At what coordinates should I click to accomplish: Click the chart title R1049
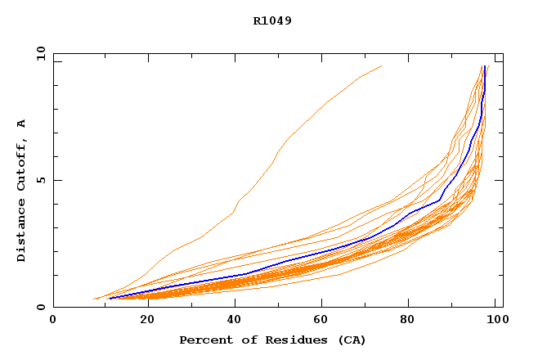click(272, 20)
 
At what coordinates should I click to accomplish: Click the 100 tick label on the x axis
click(496, 320)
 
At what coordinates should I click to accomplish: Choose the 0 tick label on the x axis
click(53, 320)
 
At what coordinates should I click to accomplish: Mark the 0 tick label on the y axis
click(40, 307)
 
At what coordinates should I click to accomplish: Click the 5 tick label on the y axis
click(40, 180)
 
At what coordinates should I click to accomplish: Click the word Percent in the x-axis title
click(202, 340)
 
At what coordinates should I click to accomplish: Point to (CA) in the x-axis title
click(348, 340)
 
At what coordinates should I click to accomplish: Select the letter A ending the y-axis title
click(21, 124)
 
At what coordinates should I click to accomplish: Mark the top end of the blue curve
click(486, 66)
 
